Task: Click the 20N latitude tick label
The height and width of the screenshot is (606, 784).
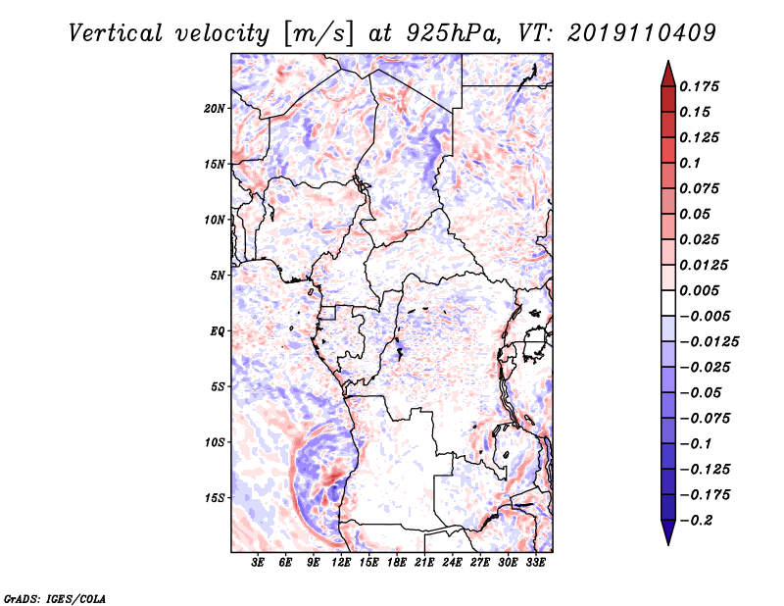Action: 215,108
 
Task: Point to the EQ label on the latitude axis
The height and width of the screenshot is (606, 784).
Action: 218,331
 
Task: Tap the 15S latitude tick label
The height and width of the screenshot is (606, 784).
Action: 215,498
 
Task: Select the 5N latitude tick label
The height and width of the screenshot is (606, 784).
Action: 218,276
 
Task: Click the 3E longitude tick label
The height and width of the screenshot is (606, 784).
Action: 258,563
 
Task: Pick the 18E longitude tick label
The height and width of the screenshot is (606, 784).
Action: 397,563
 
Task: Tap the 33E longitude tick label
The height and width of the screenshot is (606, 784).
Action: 535,563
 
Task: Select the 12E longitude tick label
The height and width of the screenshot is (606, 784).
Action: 341,563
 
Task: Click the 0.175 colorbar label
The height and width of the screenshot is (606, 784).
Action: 699,86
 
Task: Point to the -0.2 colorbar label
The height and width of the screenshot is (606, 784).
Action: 696,521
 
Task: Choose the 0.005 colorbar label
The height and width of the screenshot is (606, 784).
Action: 699,290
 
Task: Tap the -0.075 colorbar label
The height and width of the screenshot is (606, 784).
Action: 705,419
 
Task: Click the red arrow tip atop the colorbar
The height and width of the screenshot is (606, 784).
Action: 668,61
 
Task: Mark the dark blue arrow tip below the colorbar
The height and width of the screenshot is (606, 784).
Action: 668,544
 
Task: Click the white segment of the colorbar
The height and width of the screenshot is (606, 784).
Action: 668,303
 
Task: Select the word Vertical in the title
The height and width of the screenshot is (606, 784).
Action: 116,33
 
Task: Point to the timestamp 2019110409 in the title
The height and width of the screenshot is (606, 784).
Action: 642,33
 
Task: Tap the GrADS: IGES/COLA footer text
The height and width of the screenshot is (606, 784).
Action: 55,598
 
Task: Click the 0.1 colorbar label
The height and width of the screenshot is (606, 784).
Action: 690,163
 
